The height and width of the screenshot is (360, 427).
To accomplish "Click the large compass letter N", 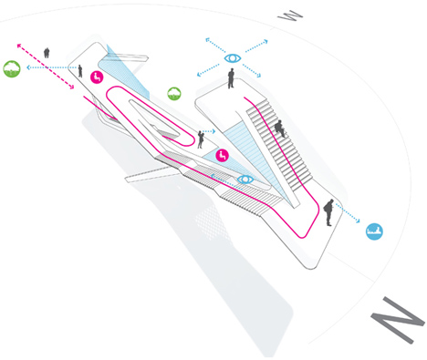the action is pyautogui.click(x=397, y=320).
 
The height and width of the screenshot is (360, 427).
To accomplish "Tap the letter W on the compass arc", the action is pyautogui.click(x=290, y=15).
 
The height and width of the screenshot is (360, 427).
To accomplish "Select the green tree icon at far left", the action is pyautogui.click(x=12, y=68).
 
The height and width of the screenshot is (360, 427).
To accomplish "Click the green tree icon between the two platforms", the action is pyautogui.click(x=174, y=94).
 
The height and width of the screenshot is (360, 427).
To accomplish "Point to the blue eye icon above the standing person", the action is pyautogui.click(x=233, y=57).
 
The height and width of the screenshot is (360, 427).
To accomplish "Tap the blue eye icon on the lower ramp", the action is pyautogui.click(x=245, y=180).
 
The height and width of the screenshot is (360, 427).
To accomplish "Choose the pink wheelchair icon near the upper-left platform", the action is pyautogui.click(x=97, y=77).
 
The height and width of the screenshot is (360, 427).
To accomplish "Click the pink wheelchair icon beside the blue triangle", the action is pyautogui.click(x=223, y=155).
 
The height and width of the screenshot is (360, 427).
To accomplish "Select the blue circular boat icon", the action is pyautogui.click(x=374, y=231).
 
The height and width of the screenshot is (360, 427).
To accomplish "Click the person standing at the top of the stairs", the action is pyautogui.click(x=231, y=78).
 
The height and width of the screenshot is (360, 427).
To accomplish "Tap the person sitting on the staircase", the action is pyautogui.click(x=280, y=129).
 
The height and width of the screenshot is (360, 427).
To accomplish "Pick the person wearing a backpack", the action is pyautogui.click(x=328, y=212).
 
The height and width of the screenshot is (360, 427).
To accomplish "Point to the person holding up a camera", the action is pyautogui.click(x=201, y=139).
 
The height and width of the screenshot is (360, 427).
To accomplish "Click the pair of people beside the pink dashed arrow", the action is pyautogui.click(x=47, y=53).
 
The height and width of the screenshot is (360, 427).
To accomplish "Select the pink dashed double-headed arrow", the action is pyautogui.click(x=46, y=67).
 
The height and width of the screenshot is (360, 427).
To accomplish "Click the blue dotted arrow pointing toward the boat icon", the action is pyautogui.click(x=348, y=213).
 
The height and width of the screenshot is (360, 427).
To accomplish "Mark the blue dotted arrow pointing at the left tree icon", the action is pyautogui.click(x=51, y=67).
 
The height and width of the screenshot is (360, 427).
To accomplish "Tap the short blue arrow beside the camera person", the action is pyautogui.click(x=209, y=131).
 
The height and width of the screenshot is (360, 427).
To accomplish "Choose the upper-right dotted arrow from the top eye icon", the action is pyautogui.click(x=256, y=46).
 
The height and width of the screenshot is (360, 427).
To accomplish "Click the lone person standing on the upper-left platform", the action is pyautogui.click(x=80, y=71).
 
